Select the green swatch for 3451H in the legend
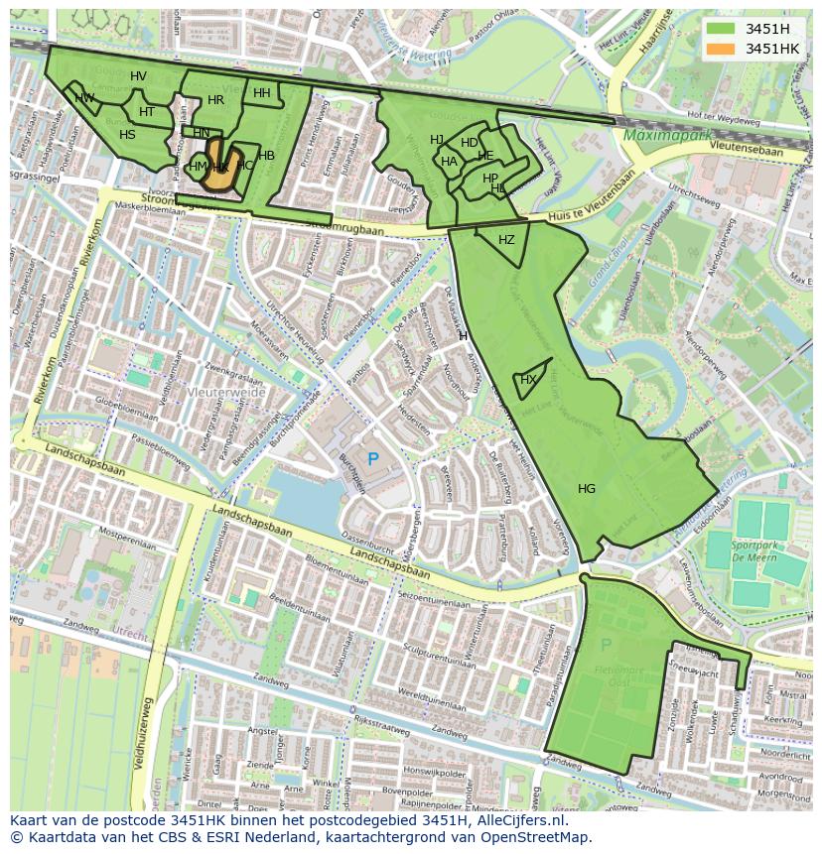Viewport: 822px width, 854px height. pyautogui.click(x=721, y=29)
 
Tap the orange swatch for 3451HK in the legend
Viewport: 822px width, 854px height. pyautogui.click(x=721, y=49)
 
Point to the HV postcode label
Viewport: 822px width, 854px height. pyautogui.click(x=138, y=76)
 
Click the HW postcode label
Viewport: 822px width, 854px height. pyautogui.click(x=85, y=97)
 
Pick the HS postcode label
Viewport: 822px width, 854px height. pyautogui.click(x=127, y=135)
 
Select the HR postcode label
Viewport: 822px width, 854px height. pyautogui.click(x=215, y=100)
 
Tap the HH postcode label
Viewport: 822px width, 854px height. pyautogui.click(x=261, y=93)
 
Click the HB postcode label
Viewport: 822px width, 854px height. pyautogui.click(x=266, y=156)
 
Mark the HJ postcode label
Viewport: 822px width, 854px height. pyautogui.click(x=437, y=140)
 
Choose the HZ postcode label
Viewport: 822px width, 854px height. pyautogui.click(x=506, y=240)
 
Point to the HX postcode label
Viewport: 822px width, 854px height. pyautogui.click(x=528, y=380)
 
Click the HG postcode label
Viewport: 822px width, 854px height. pyautogui.click(x=587, y=489)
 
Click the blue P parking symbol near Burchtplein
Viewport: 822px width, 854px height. pyautogui.click(x=373, y=459)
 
